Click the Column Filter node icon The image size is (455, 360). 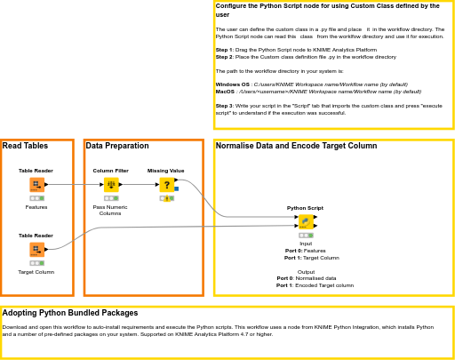(111, 185)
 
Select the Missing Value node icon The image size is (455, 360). (165, 185)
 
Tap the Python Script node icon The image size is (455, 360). (305, 221)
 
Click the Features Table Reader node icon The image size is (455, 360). (36, 185)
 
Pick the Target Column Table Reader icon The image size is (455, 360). (36, 250)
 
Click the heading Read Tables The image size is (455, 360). (25, 146)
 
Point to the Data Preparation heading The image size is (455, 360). (117, 146)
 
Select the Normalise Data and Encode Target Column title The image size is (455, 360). (296, 146)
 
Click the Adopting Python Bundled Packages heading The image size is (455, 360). (70, 313)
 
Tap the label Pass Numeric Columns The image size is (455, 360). (110, 210)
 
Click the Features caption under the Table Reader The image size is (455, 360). (36, 207)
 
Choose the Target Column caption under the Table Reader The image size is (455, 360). (36, 272)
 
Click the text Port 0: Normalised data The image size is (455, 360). (307, 278)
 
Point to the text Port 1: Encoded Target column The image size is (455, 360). (315, 285)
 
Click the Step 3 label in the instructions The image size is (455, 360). (224, 105)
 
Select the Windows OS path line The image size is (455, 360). (311, 84)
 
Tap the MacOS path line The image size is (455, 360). (318, 92)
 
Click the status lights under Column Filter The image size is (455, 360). (110, 198)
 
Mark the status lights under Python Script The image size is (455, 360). (305, 235)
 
